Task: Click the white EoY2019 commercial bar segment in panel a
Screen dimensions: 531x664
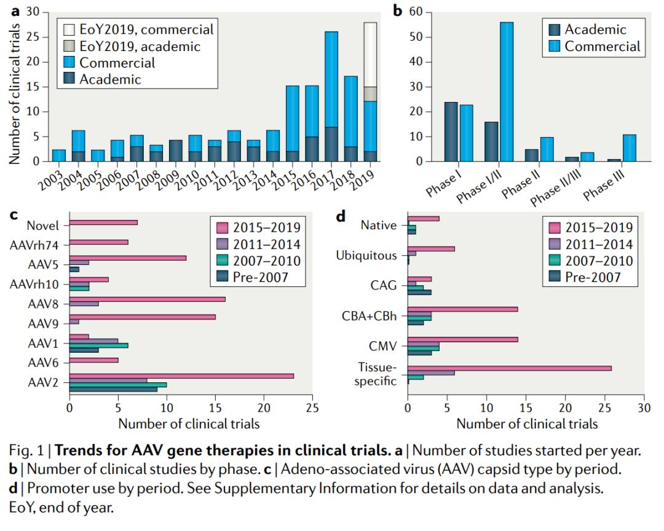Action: tap(370, 54)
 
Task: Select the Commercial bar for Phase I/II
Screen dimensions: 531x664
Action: tap(507, 92)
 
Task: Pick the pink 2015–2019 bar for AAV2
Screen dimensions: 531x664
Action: tap(181, 376)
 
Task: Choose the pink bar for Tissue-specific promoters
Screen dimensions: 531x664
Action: tap(509, 368)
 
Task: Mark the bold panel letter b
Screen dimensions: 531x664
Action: tap(397, 10)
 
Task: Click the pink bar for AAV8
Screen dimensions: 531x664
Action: tap(147, 299)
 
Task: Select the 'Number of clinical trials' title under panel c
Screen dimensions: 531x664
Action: tap(189, 423)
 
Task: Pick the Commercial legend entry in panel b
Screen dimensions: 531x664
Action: tap(602, 46)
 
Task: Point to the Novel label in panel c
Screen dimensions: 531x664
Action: tap(48, 225)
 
